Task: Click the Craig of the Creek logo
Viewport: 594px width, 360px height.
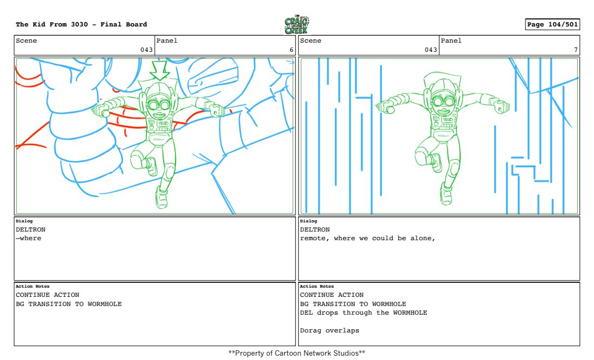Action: (296, 25)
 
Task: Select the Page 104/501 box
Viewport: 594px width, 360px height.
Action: (552, 24)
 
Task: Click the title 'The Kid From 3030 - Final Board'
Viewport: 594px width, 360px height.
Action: (82, 24)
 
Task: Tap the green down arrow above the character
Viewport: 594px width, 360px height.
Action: (159, 70)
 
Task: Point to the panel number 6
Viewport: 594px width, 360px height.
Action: (291, 50)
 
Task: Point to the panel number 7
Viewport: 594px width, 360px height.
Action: (576, 50)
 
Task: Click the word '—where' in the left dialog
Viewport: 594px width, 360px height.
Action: (29, 238)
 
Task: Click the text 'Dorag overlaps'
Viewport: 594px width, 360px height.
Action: (329, 330)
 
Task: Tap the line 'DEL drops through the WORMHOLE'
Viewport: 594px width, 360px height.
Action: (363, 313)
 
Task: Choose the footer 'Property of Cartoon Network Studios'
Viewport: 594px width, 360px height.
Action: (296, 353)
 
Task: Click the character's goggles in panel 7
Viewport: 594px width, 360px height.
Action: (443, 101)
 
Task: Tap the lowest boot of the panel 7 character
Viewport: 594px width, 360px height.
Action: (446, 194)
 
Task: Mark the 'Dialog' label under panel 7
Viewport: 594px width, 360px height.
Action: (308, 221)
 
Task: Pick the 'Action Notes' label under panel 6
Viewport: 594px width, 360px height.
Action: (32, 286)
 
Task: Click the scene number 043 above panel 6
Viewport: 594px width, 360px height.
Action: (146, 50)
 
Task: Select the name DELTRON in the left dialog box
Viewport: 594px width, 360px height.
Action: (31, 229)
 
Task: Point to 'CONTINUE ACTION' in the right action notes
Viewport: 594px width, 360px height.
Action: (332, 295)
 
